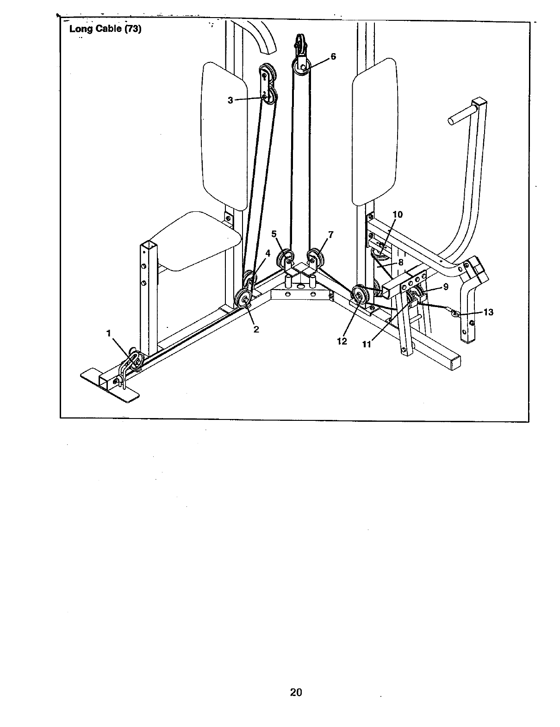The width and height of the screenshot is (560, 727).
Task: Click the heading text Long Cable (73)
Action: pyautogui.click(x=105, y=29)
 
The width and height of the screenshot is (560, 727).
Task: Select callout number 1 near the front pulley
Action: pyautogui.click(x=109, y=333)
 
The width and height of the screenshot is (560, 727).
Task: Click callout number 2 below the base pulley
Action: pyautogui.click(x=256, y=329)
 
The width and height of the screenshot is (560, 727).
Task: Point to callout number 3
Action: pyautogui.click(x=230, y=100)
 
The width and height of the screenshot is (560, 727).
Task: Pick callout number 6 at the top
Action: pyautogui.click(x=333, y=57)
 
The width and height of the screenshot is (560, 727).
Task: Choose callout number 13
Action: pyautogui.click(x=488, y=312)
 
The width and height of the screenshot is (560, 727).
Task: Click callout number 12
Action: pyautogui.click(x=342, y=341)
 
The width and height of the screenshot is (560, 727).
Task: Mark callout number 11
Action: pyautogui.click(x=367, y=344)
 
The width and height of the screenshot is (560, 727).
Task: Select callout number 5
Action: pyautogui.click(x=274, y=234)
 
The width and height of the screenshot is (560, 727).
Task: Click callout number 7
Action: pyautogui.click(x=330, y=234)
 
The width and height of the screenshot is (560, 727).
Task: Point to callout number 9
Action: pyautogui.click(x=445, y=287)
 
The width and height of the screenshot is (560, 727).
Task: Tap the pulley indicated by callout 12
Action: pyautogui.click(x=359, y=294)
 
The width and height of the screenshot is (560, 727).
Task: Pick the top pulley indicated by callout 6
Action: pyautogui.click(x=301, y=68)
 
